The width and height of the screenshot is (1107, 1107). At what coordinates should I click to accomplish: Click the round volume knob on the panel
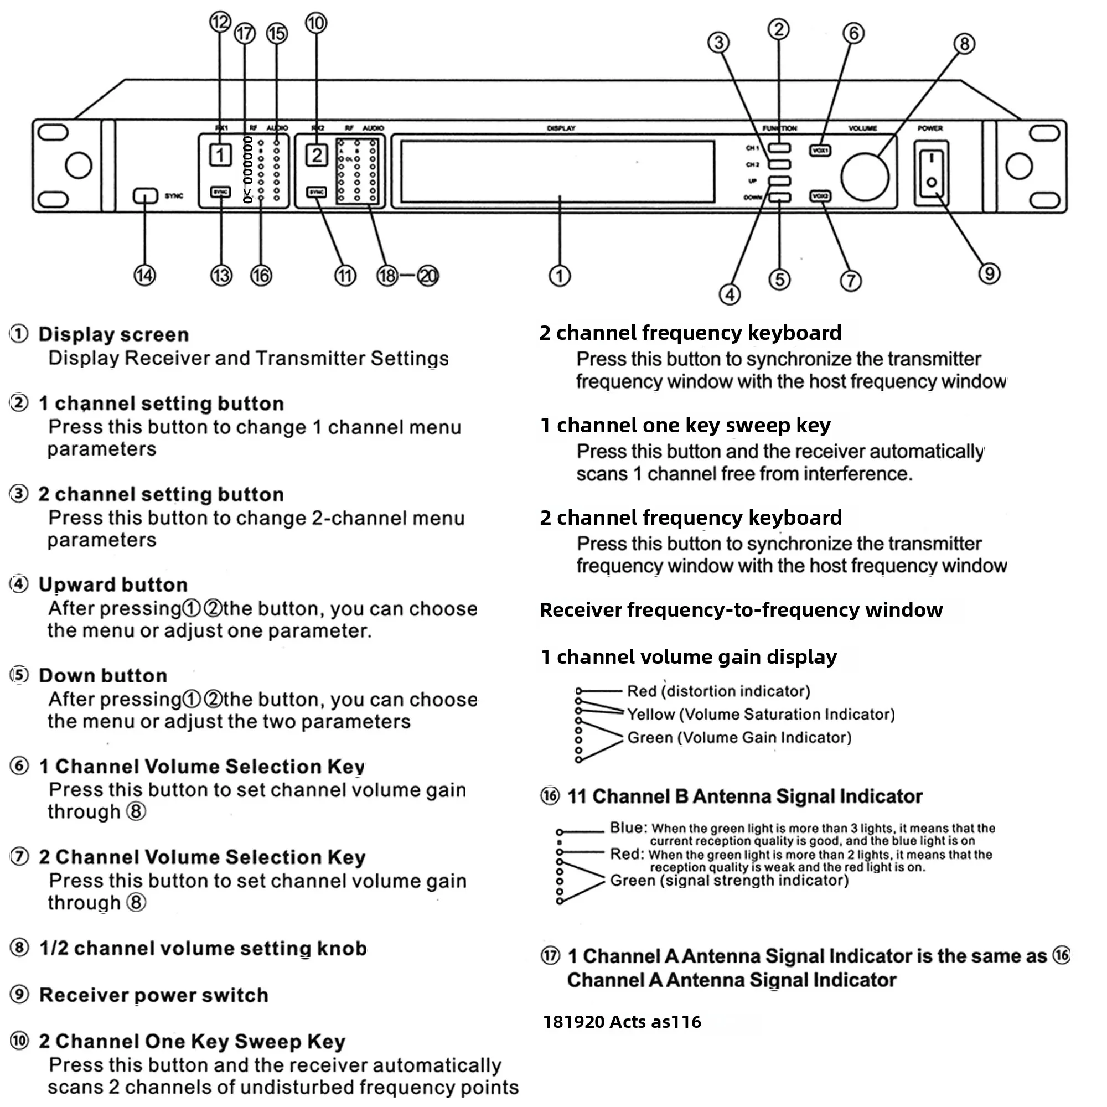tap(864, 177)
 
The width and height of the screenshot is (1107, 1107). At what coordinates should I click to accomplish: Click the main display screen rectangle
tap(557, 172)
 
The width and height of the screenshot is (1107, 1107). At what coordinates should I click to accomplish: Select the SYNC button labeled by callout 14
tap(145, 196)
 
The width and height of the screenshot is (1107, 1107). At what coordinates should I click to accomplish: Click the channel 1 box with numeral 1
tap(220, 155)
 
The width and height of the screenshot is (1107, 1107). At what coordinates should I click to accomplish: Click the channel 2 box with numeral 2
tap(316, 155)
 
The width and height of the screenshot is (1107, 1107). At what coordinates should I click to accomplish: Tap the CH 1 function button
tap(779, 148)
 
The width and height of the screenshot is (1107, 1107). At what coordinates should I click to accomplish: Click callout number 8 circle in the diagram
tap(964, 44)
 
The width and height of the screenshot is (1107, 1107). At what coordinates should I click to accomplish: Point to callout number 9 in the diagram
tap(989, 273)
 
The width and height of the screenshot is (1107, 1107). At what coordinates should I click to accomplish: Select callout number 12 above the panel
tap(220, 22)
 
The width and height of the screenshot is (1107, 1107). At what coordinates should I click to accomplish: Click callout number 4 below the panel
tap(730, 294)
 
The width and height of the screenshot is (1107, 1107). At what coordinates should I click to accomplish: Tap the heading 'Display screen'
tap(113, 335)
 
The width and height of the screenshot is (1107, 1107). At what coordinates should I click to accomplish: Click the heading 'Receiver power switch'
tap(153, 995)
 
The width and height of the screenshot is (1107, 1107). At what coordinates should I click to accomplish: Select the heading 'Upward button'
tap(113, 584)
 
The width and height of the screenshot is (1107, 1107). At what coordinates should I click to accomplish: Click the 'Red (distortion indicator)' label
tap(718, 691)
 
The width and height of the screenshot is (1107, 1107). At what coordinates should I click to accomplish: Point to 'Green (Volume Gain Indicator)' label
tap(739, 737)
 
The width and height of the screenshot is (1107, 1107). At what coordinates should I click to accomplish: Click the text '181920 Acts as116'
tap(622, 1022)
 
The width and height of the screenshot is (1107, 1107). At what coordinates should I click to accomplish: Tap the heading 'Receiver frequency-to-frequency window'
tap(741, 609)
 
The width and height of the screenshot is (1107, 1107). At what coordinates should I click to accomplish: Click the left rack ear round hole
tap(79, 165)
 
